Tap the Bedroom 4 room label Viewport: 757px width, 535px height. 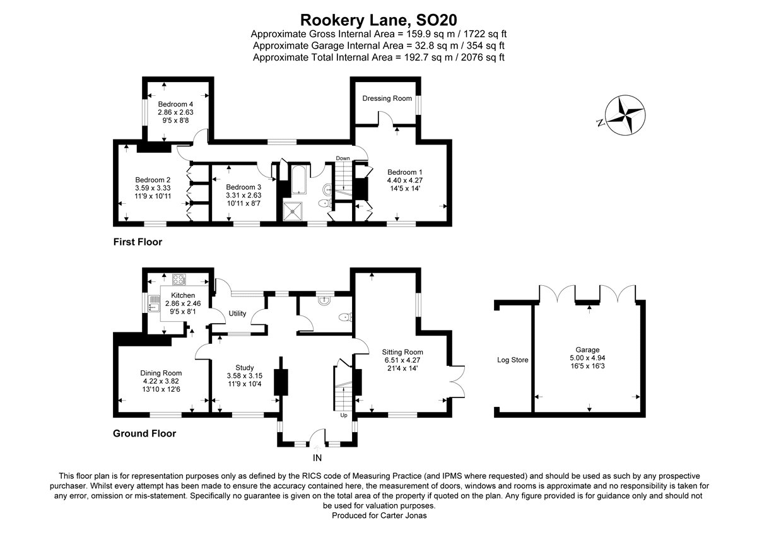tap(175, 104)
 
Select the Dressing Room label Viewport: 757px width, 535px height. tap(387, 98)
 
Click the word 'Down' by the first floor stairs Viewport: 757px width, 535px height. tap(343, 158)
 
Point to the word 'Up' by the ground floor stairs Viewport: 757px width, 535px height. tap(344, 415)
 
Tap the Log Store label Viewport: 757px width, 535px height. tap(512, 360)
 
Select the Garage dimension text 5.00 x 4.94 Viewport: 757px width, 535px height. tap(587, 358)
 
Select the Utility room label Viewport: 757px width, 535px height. tap(237, 314)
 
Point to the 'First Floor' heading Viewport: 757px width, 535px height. tap(138, 242)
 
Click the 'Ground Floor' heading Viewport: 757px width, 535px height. tap(144, 433)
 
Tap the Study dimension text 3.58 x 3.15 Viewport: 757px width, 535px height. tap(245, 376)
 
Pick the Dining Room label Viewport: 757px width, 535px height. tap(161, 373)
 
